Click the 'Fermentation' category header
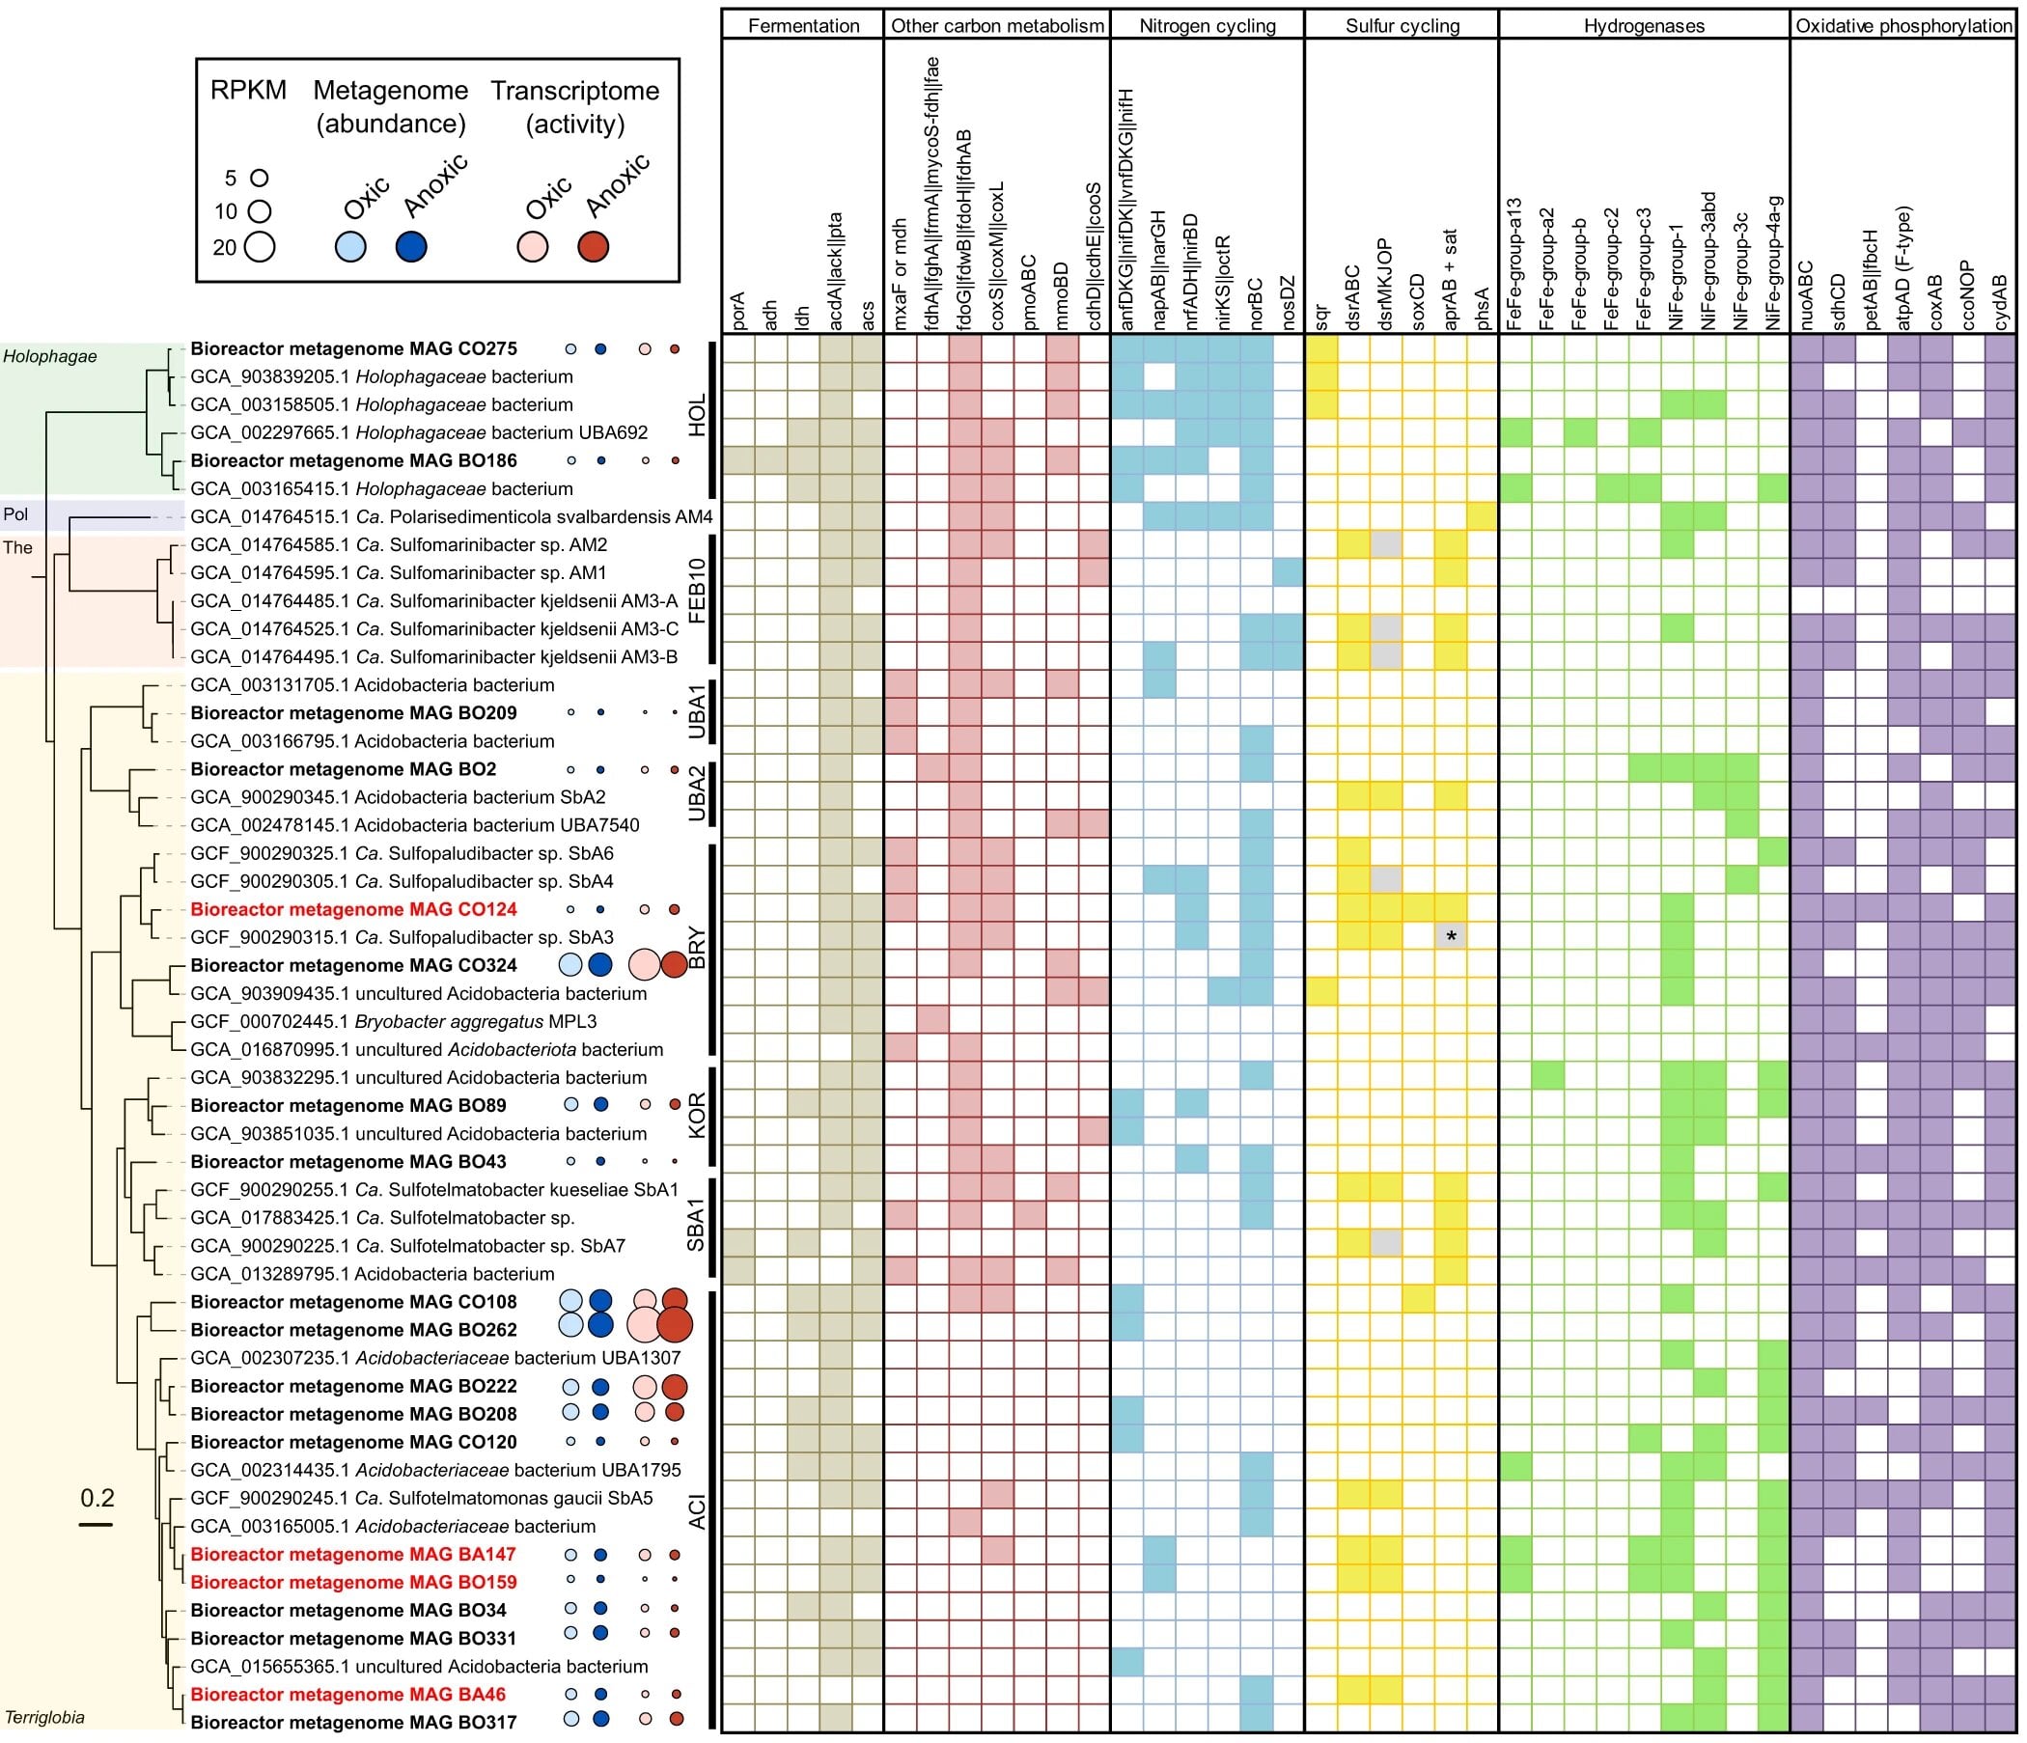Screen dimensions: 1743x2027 tap(803, 26)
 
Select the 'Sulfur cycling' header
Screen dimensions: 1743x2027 tap(1402, 26)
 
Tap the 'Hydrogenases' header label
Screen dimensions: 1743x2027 tap(1644, 26)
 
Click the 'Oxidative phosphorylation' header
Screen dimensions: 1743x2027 tap(1903, 26)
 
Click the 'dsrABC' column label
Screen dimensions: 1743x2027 tap(1353, 297)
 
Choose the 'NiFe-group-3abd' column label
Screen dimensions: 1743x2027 tap(1710, 261)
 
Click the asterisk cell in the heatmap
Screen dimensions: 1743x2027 tap(1452, 937)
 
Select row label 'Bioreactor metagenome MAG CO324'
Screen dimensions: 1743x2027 tap(353, 965)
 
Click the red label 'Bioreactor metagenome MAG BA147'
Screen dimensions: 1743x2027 tap(353, 1554)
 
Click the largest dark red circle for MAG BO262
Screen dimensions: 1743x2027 tap(675, 1325)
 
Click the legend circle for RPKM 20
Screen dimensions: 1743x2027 tap(260, 246)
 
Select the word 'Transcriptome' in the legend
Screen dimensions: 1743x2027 tap(575, 91)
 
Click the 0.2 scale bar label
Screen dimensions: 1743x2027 tap(97, 1499)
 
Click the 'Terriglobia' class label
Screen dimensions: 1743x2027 tap(45, 1718)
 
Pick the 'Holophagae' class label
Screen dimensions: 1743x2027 tap(50, 356)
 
